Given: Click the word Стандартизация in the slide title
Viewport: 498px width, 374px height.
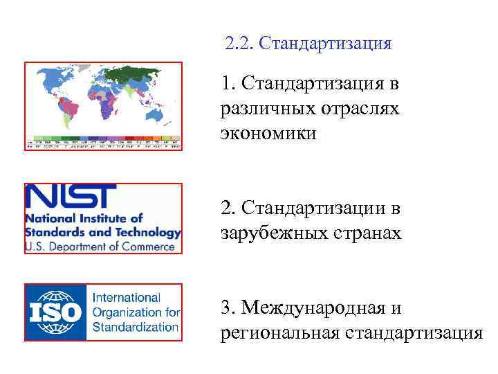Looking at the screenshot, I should [323, 44].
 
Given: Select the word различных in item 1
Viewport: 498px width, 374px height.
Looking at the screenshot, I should [268, 109].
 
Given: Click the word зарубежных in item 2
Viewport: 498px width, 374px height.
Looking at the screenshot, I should [270, 233].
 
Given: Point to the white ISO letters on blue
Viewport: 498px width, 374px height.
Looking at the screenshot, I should [55, 312].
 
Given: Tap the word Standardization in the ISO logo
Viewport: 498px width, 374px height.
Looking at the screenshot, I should [136, 326].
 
